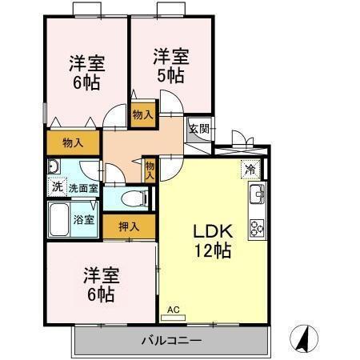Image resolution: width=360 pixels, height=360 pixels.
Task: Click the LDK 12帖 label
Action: point(212,240)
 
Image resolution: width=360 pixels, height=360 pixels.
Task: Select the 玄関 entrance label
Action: point(198,128)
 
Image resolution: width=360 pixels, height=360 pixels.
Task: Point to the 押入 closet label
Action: point(129,226)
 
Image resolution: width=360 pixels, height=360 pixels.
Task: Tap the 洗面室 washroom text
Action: point(83,188)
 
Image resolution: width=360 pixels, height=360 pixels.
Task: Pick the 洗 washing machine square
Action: point(56,187)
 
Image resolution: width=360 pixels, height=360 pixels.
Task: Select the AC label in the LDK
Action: point(174,309)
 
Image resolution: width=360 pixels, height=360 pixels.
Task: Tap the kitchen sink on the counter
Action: point(257,194)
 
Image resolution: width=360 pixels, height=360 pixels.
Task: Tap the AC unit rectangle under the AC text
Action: point(174,317)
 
